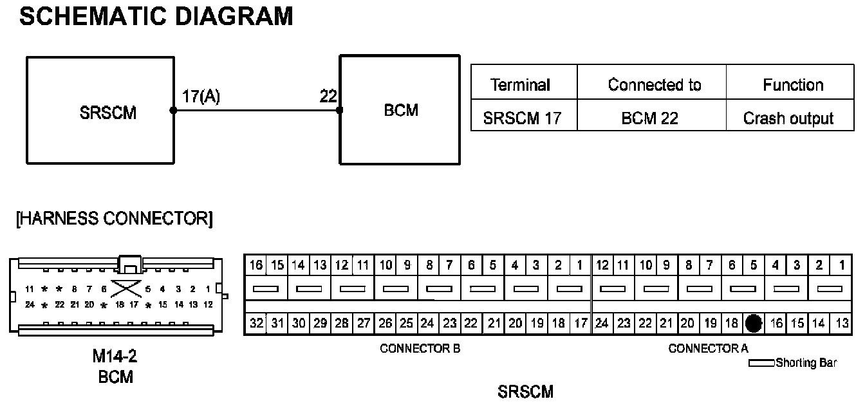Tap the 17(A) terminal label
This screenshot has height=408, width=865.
coord(197,97)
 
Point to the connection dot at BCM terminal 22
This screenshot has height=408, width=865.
coord(340,110)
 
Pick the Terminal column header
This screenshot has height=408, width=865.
coord(520,85)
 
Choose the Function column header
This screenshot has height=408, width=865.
coord(793,85)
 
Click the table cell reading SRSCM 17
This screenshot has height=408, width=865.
coord(521,118)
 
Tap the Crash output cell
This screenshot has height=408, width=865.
coord(788,118)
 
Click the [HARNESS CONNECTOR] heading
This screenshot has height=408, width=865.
coord(113,219)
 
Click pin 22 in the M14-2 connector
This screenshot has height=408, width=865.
coord(60,304)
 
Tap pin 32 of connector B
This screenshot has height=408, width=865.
coord(256,323)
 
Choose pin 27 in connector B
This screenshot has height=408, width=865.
coord(364,323)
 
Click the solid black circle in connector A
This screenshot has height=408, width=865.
coord(754,323)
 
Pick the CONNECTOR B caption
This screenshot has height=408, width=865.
coord(420,349)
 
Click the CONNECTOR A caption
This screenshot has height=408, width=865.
coord(708,349)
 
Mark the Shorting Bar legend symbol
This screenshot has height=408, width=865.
coord(761,364)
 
